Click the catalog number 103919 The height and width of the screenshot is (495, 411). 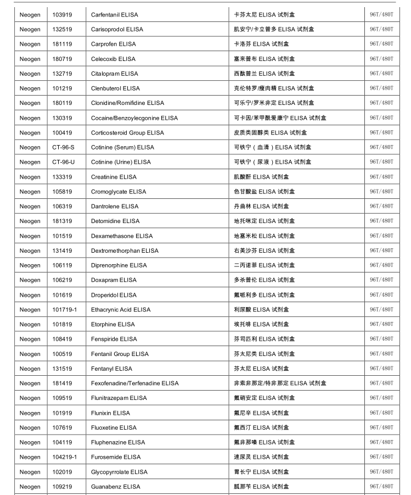pyautogui.click(x=62, y=14)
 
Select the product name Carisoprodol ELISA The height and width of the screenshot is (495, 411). pyautogui.click(x=117, y=29)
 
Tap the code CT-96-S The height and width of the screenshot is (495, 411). pyautogui.click(x=63, y=147)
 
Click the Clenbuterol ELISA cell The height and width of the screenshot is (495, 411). pyautogui.click(x=115, y=88)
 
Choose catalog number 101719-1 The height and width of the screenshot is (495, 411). pyautogui.click(x=65, y=310)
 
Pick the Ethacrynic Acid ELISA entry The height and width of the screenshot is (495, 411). pyautogui.click(x=121, y=310)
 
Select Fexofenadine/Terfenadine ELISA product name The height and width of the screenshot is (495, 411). pyautogui.click(x=135, y=383)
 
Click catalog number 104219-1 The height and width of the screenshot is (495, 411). pyautogui.click(x=65, y=457)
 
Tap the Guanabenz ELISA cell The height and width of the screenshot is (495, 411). pyautogui.click(x=115, y=487)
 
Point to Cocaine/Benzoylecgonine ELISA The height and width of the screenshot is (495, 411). pyautogui.click(x=134, y=118)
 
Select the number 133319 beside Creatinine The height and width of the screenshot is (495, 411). pyautogui.click(x=62, y=177)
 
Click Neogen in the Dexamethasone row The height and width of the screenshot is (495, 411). pyautogui.click(x=30, y=236)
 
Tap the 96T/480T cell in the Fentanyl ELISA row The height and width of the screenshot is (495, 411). pyautogui.click(x=381, y=369)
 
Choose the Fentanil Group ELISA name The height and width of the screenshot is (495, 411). pyautogui.click(x=120, y=354)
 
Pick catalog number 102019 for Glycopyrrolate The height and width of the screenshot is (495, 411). pyautogui.click(x=62, y=472)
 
